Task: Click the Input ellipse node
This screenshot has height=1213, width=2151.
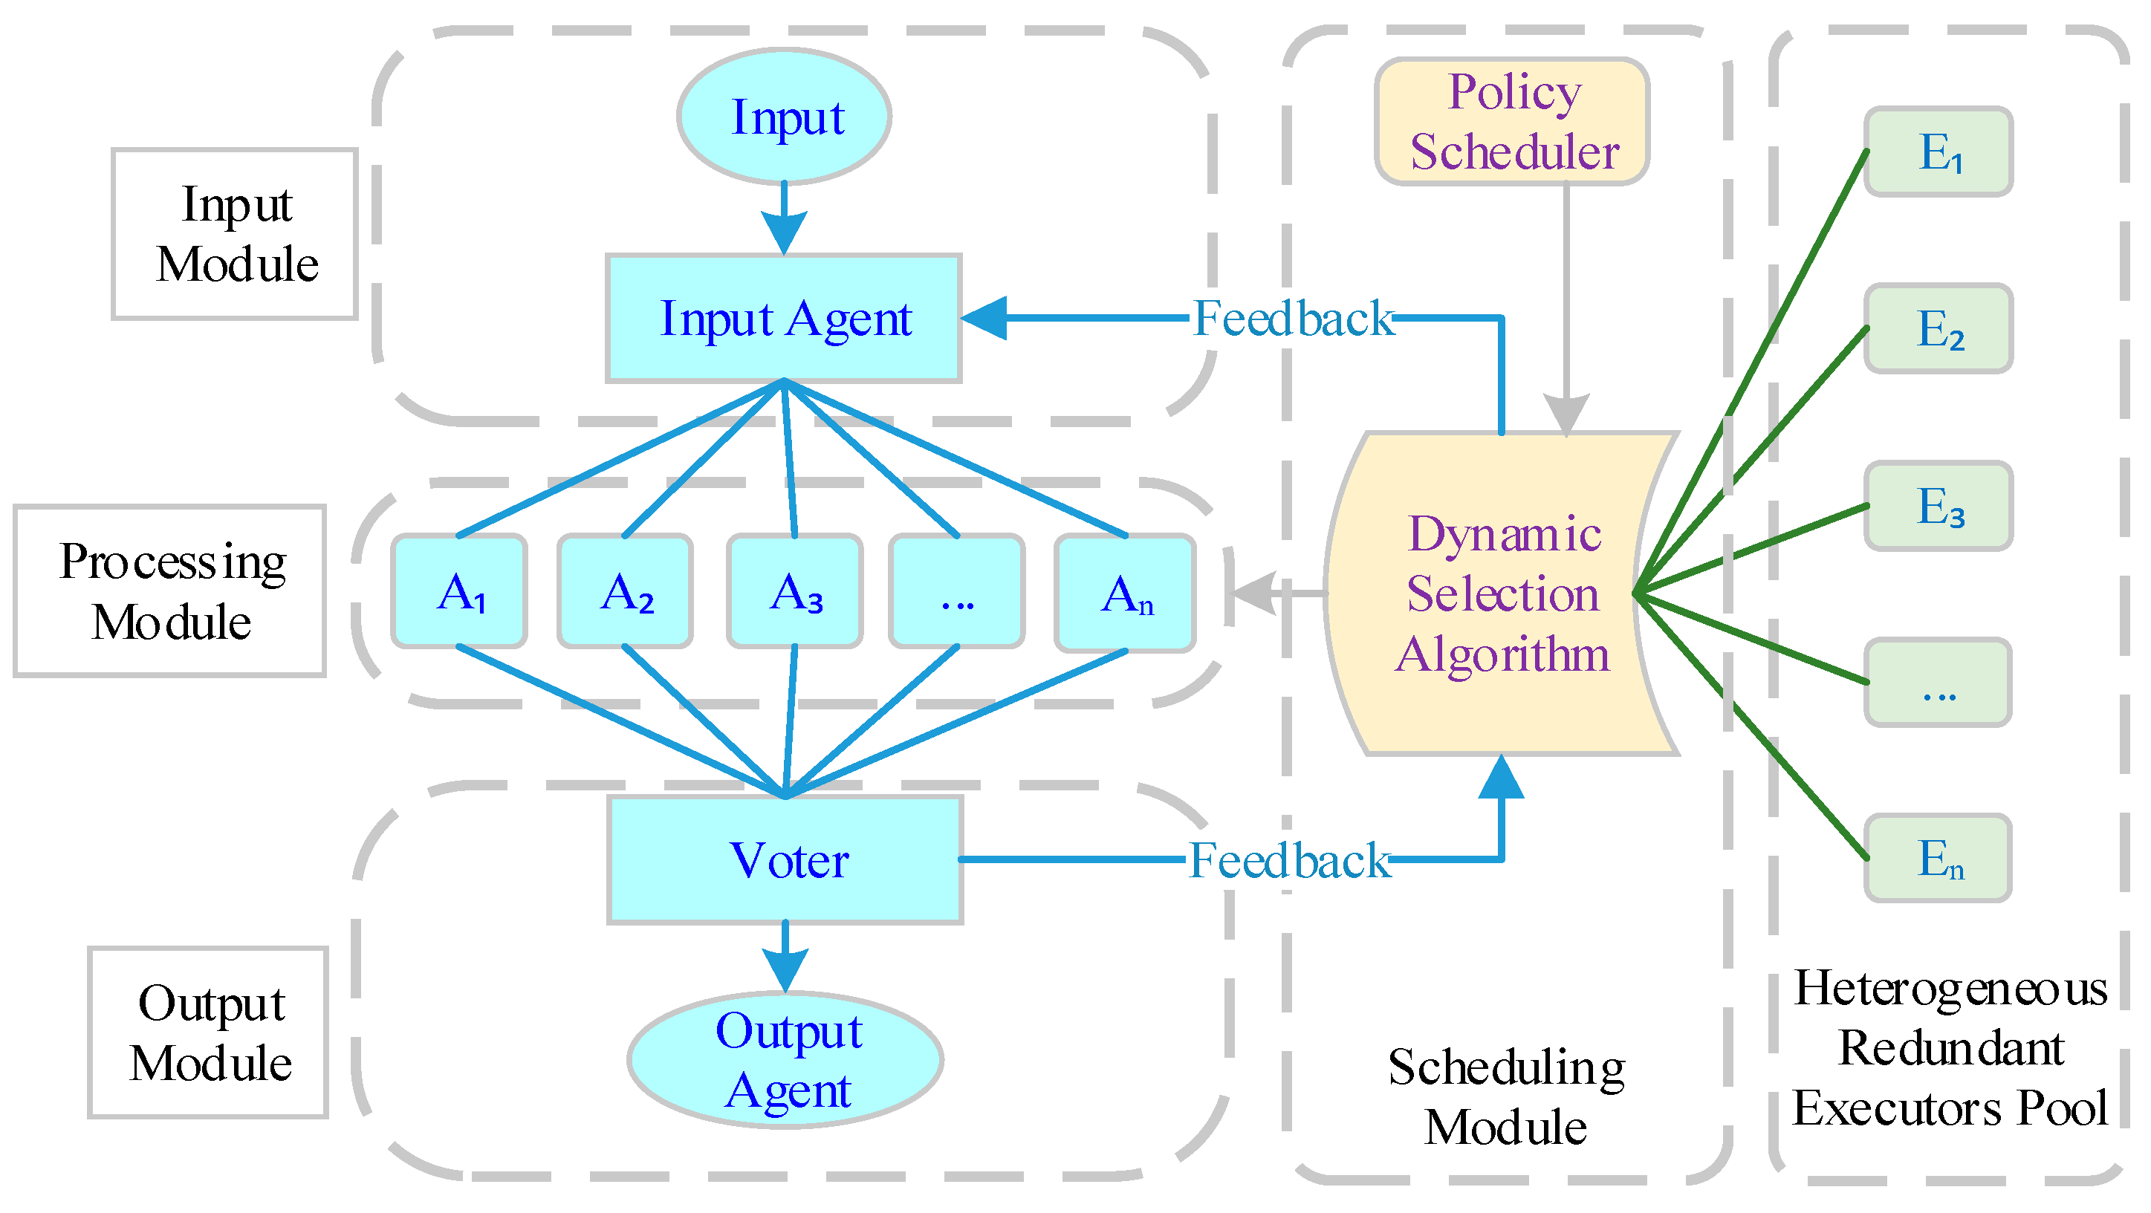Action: [x=784, y=117]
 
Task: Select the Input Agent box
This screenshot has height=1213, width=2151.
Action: [x=784, y=319]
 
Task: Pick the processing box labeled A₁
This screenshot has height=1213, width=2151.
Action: [x=459, y=592]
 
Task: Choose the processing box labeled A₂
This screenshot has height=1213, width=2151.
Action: [x=626, y=592]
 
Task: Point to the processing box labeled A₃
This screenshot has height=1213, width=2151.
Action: [x=795, y=592]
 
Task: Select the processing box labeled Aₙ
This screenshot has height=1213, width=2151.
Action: [x=1126, y=594]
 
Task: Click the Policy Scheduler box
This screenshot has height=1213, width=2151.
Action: [x=1512, y=122]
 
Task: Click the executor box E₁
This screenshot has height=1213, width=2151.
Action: [x=1939, y=153]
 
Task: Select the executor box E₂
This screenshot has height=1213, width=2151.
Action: [x=1939, y=330]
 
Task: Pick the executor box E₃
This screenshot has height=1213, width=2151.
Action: [x=1939, y=507]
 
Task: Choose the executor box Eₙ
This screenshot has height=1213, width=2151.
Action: [x=1939, y=859]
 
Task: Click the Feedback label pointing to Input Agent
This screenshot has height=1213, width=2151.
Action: [x=1293, y=319]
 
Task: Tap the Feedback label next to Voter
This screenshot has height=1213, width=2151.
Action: [x=1288, y=861]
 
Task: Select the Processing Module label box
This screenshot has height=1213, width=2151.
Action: [x=170, y=592]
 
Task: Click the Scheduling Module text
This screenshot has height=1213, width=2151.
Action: [x=1505, y=1097]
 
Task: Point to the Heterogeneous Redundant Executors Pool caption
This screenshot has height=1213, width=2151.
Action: [x=1950, y=1049]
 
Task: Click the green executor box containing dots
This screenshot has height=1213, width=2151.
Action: [x=1939, y=683]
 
